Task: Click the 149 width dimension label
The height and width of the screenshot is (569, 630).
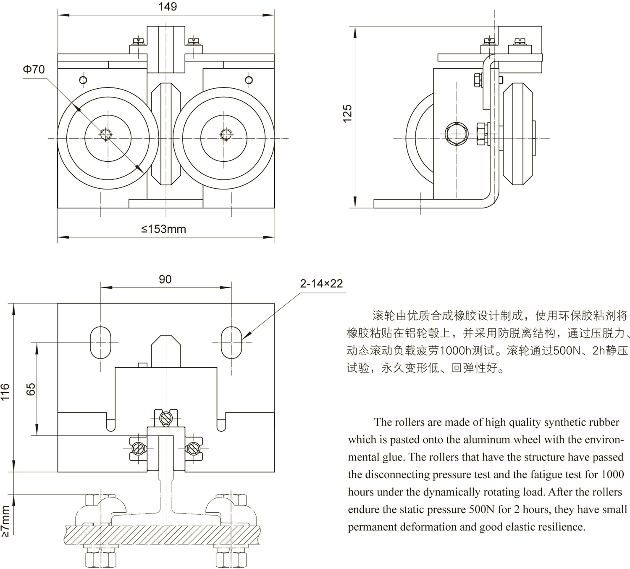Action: click(x=168, y=7)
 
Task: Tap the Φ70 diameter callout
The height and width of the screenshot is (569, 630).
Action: click(x=34, y=69)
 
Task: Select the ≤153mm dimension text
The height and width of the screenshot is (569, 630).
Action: click(x=163, y=229)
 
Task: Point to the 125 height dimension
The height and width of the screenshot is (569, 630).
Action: click(x=347, y=113)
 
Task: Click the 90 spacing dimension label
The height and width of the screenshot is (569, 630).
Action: click(x=165, y=279)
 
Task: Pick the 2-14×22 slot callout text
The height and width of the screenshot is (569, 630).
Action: click(x=321, y=284)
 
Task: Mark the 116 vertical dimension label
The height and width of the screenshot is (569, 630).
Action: click(x=5, y=392)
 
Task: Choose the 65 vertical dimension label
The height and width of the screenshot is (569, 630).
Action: click(x=31, y=390)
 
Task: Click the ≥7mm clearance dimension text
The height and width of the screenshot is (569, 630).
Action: click(x=5, y=521)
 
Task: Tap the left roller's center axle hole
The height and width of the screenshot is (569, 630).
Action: click(x=105, y=134)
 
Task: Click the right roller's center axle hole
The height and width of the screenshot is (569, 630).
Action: click(x=226, y=134)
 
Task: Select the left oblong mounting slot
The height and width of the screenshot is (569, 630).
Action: click(x=101, y=342)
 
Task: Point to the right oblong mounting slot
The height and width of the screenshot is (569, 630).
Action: click(x=231, y=342)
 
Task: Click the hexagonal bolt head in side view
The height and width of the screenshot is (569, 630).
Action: click(x=457, y=134)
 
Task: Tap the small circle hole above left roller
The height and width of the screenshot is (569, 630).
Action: click(x=83, y=80)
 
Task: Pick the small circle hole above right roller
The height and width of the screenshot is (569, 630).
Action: click(x=249, y=80)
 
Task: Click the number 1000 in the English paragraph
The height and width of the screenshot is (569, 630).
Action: click(x=612, y=474)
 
